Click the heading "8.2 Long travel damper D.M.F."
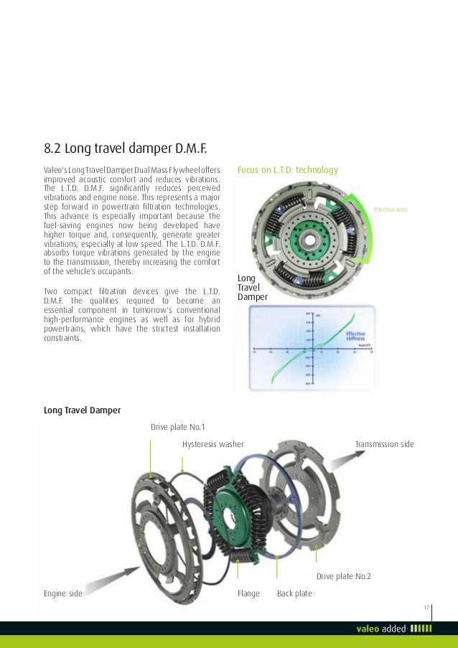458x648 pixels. pyautogui.click(x=125, y=149)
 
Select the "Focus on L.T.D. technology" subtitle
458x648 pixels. pyautogui.click(x=287, y=170)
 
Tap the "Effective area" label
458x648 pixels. pyautogui.click(x=390, y=209)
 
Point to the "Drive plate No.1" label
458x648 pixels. pyautogui.click(x=177, y=427)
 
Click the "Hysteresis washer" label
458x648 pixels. pyautogui.click(x=212, y=444)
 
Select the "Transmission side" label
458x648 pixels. pyautogui.click(x=384, y=444)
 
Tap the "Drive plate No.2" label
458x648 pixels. pyautogui.click(x=343, y=576)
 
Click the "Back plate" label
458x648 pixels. pyautogui.click(x=294, y=593)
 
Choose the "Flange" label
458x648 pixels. pyautogui.click(x=248, y=593)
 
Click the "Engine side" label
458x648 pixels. pyautogui.click(x=63, y=593)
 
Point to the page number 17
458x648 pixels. pyautogui.click(x=426, y=608)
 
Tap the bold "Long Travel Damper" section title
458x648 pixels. pyautogui.click(x=82, y=410)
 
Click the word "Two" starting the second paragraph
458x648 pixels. pyautogui.click(x=51, y=290)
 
